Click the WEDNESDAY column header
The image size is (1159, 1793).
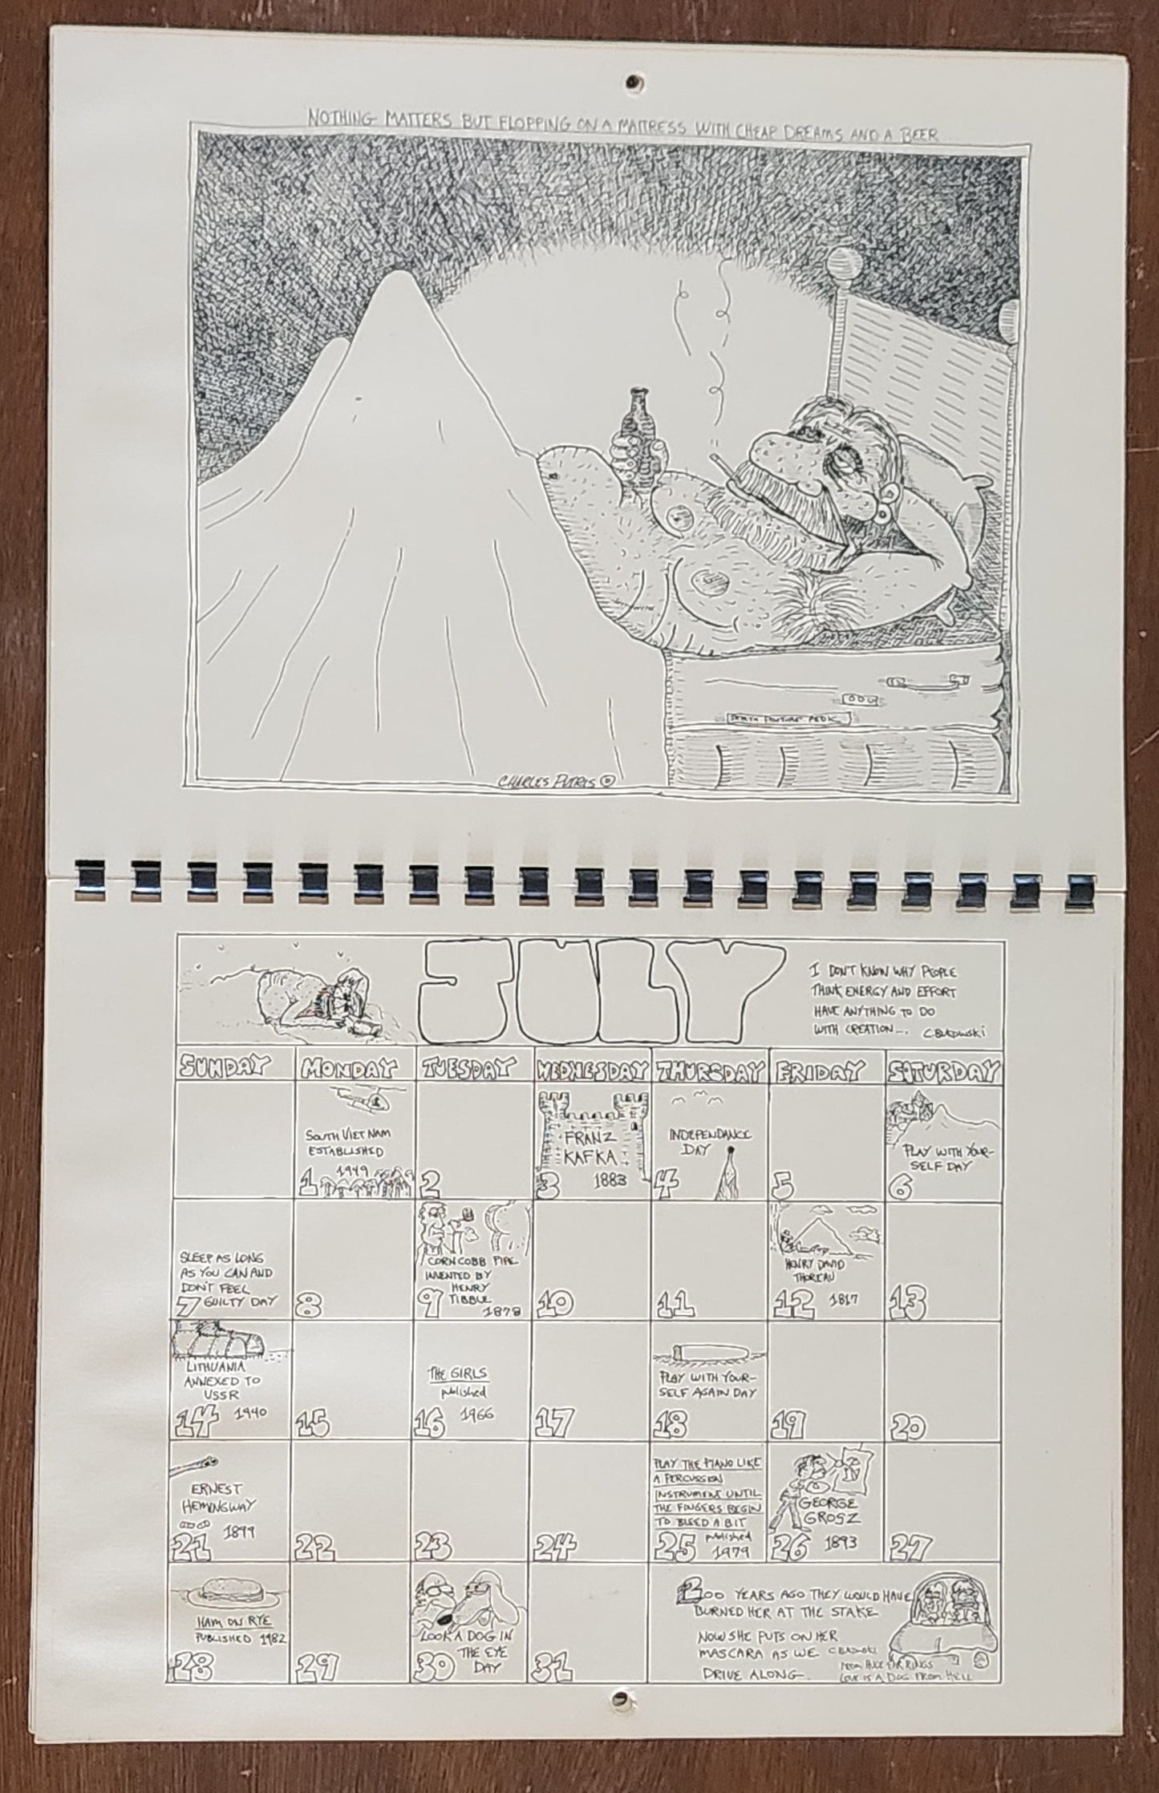coord(593,1070)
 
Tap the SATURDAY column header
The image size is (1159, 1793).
coord(944,1070)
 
